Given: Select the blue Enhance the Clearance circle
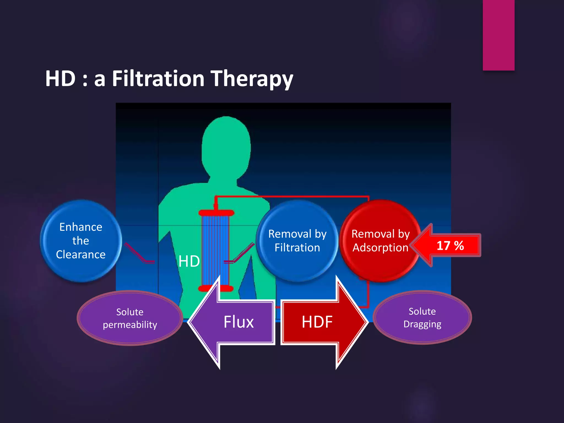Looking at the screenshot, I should coord(81,241).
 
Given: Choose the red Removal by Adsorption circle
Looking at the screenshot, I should coord(380,241).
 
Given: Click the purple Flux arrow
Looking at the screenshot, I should coord(234,322).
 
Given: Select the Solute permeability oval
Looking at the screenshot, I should coord(130,318).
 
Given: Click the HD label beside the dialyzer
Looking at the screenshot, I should coord(189,261).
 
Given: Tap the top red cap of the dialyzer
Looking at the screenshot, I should coord(216,213).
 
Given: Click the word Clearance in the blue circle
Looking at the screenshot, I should coord(81,254).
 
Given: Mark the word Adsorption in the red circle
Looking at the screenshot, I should coord(380,248).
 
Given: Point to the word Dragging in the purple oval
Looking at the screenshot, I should coord(422,324).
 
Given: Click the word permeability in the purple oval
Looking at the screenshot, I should coord(130,325).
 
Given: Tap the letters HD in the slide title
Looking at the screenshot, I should coord(60,79).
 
